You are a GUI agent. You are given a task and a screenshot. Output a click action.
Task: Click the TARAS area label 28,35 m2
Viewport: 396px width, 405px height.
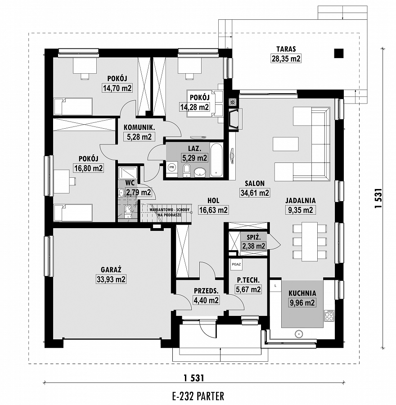286,58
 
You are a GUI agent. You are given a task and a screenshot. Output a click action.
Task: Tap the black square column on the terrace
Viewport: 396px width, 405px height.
339,54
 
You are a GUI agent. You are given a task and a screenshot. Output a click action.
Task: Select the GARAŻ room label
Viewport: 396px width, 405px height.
111,270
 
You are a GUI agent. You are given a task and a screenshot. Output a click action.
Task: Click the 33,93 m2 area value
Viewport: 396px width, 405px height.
111,279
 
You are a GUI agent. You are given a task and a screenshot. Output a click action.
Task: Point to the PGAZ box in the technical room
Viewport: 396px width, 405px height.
236,264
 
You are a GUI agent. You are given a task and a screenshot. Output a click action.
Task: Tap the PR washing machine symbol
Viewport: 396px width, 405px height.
171,167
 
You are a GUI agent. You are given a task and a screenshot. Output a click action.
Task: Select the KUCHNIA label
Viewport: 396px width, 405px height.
302,293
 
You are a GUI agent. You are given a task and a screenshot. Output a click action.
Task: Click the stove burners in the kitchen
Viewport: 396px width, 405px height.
329,315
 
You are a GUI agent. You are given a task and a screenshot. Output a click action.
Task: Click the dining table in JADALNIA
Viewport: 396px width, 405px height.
310,242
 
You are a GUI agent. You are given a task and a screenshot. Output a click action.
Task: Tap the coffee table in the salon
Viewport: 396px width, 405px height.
286,144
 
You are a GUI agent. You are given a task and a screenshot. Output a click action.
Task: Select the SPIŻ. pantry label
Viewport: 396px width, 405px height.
253,237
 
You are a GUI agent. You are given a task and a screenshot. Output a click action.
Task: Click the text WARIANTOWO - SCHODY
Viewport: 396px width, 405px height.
170,210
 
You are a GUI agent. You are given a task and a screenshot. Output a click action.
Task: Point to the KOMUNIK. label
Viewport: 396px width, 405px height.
139,127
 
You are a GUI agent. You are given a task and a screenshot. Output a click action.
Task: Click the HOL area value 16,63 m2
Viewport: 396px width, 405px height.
213,210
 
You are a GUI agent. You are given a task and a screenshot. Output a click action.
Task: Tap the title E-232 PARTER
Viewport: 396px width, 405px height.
198,396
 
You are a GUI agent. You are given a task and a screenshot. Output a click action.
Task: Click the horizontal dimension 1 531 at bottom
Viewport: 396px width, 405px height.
194,378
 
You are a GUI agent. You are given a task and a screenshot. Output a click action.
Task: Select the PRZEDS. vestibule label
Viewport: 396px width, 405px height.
206,291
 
